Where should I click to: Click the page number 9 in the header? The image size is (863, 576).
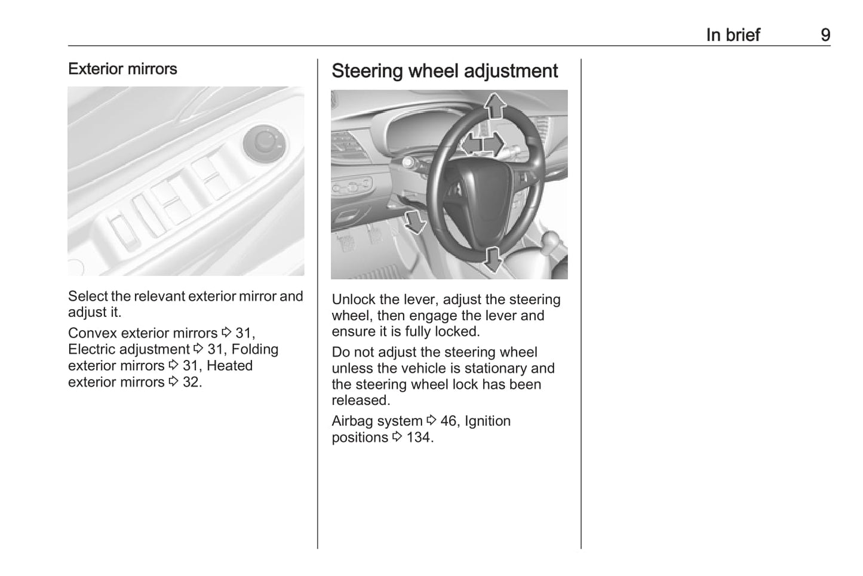(825, 35)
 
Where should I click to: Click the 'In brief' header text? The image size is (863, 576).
(733, 35)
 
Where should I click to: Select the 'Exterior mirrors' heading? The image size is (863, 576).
(122, 69)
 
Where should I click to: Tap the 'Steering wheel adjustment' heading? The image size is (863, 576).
(444, 71)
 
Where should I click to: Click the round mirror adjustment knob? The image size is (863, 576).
(263, 144)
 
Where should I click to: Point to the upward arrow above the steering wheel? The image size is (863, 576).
(495, 106)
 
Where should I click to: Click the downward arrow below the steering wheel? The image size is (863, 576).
(493, 258)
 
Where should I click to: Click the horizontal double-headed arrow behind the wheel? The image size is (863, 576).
(483, 144)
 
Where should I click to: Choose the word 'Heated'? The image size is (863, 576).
(229, 366)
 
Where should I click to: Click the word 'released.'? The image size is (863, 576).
(360, 401)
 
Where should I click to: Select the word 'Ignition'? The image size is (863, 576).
(487, 421)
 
